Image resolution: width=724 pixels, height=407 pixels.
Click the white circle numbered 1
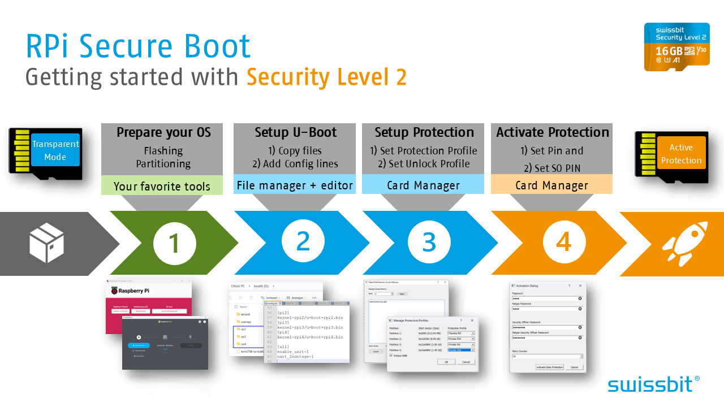click(174, 244)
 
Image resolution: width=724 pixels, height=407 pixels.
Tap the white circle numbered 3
click(429, 244)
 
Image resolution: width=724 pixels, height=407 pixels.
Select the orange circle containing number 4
click(564, 243)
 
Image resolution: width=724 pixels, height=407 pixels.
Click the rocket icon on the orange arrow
click(685, 244)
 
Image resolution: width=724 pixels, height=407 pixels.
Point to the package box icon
click(47, 243)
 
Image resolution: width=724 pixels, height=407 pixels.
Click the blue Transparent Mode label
click(55, 150)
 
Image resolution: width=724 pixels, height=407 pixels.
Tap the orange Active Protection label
click(681, 154)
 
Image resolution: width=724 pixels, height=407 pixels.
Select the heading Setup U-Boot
click(295, 133)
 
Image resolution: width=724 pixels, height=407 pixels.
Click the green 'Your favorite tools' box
click(162, 186)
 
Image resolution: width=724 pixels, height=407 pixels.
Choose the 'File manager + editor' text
click(295, 185)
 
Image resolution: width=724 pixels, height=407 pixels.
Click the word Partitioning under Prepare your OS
click(163, 164)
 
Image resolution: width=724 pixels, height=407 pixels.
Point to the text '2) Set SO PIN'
click(551, 168)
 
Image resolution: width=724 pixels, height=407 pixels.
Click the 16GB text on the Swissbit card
click(669, 50)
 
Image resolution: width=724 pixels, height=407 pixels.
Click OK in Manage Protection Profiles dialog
click(446, 362)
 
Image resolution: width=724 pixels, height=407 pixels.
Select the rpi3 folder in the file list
click(244, 336)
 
